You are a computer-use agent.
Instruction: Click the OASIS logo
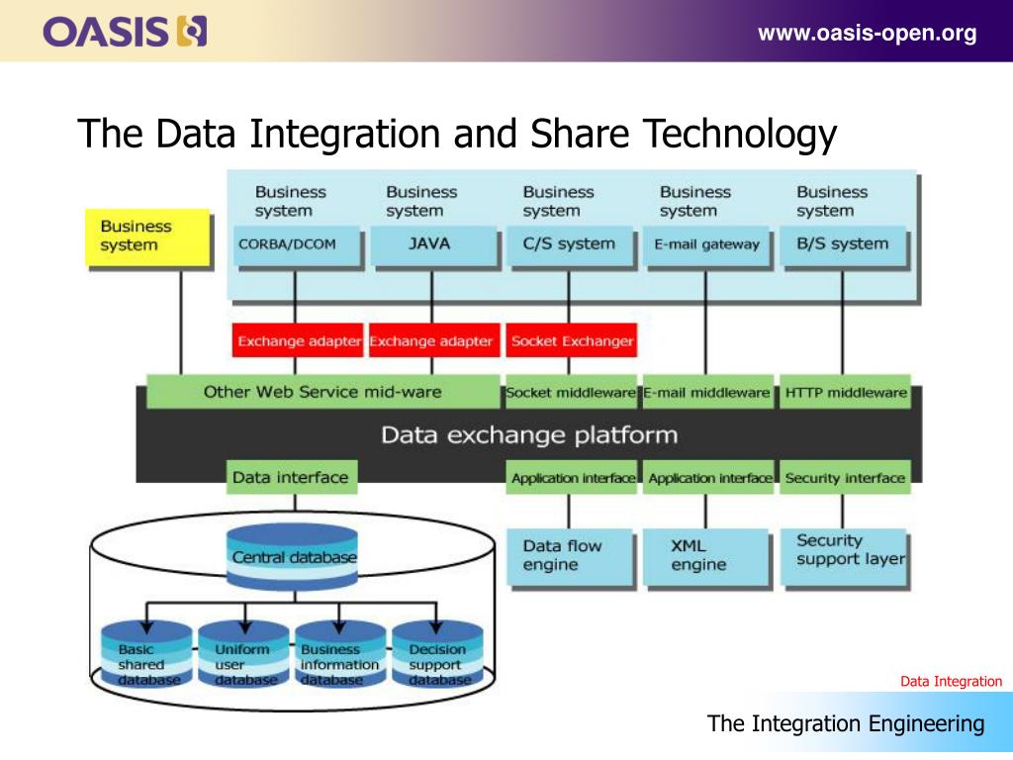tap(125, 32)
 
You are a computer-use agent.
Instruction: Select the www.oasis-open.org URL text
tap(867, 34)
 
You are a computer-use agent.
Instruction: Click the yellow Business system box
tap(147, 237)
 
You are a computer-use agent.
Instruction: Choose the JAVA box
tap(430, 244)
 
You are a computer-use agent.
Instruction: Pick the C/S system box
tap(569, 244)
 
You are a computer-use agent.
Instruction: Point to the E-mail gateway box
tap(706, 244)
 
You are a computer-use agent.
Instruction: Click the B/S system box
tap(843, 244)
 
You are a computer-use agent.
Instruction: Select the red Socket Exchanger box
tap(572, 341)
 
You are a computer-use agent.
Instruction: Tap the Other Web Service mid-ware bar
tap(322, 392)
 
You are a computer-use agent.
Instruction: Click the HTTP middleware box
tap(846, 393)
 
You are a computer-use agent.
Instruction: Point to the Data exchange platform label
tap(529, 434)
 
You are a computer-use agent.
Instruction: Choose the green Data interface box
tap(291, 477)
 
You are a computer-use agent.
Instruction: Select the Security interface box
tap(845, 478)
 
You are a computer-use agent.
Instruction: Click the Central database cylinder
tap(293, 557)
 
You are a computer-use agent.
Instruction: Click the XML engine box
tap(705, 556)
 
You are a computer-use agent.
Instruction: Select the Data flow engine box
tap(569, 556)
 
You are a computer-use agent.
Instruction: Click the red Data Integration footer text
tap(951, 682)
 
